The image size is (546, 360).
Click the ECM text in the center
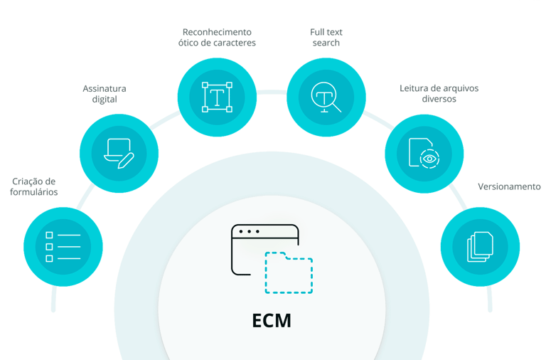[272, 320]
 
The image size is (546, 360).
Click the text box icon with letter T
[216, 96]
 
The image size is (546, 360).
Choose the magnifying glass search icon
[326, 96]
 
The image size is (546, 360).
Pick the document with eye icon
[424, 153]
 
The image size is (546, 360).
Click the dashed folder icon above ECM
[289, 273]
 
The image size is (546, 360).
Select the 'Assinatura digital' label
[105, 94]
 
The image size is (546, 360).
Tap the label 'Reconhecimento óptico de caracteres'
[216, 37]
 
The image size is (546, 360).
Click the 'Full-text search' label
[326, 37]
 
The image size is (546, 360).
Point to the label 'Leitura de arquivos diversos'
[439, 94]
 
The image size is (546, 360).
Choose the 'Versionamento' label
[509, 186]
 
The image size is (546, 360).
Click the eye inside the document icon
[429, 158]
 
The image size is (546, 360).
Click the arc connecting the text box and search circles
[272, 90]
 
